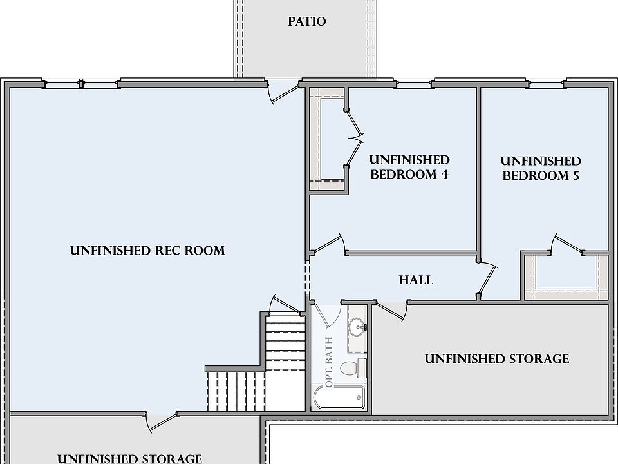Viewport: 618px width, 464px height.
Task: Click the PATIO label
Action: (x=306, y=21)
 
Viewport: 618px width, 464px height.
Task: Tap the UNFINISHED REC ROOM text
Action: (x=147, y=251)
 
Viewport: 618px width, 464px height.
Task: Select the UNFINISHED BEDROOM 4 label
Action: (x=409, y=167)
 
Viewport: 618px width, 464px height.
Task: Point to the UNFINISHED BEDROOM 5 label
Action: (x=541, y=168)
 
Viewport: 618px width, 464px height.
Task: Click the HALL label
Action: (x=416, y=280)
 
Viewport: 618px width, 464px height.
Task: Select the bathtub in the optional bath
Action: (x=339, y=398)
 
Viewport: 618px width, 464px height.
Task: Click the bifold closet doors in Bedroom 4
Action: (x=355, y=139)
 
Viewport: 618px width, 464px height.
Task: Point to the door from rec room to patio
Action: (x=283, y=92)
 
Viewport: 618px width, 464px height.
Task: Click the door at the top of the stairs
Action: (x=285, y=305)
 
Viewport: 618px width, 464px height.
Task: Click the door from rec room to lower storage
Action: (x=162, y=422)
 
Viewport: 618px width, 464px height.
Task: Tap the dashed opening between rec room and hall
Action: (x=308, y=277)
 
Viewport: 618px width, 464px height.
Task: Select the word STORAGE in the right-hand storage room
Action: (x=539, y=359)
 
